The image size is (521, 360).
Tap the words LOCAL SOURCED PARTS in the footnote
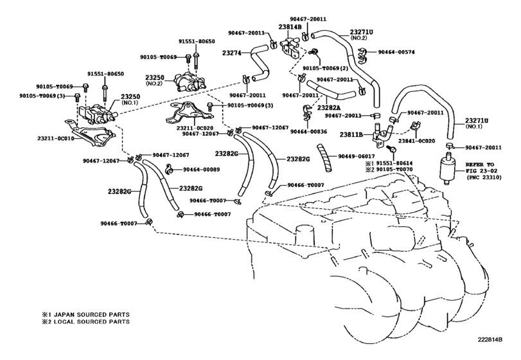tap(87, 321)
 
